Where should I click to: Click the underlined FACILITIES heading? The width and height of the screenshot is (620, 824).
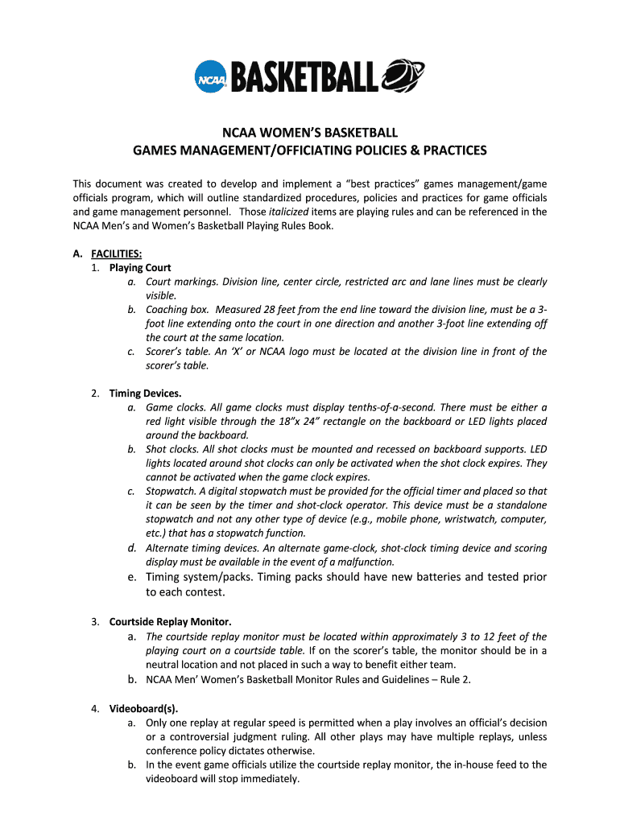(x=117, y=253)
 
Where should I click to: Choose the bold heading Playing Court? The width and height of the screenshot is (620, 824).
(x=140, y=267)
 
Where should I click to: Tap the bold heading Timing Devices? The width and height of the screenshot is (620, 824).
(x=146, y=393)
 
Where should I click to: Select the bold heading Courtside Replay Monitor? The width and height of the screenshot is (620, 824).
(x=170, y=622)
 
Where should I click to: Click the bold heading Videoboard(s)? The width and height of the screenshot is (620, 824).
(x=143, y=708)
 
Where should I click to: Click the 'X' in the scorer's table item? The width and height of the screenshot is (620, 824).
(x=250, y=352)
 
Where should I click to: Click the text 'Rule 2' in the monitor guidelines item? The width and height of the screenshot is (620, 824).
(x=455, y=679)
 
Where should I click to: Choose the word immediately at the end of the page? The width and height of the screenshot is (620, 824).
(x=262, y=779)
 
